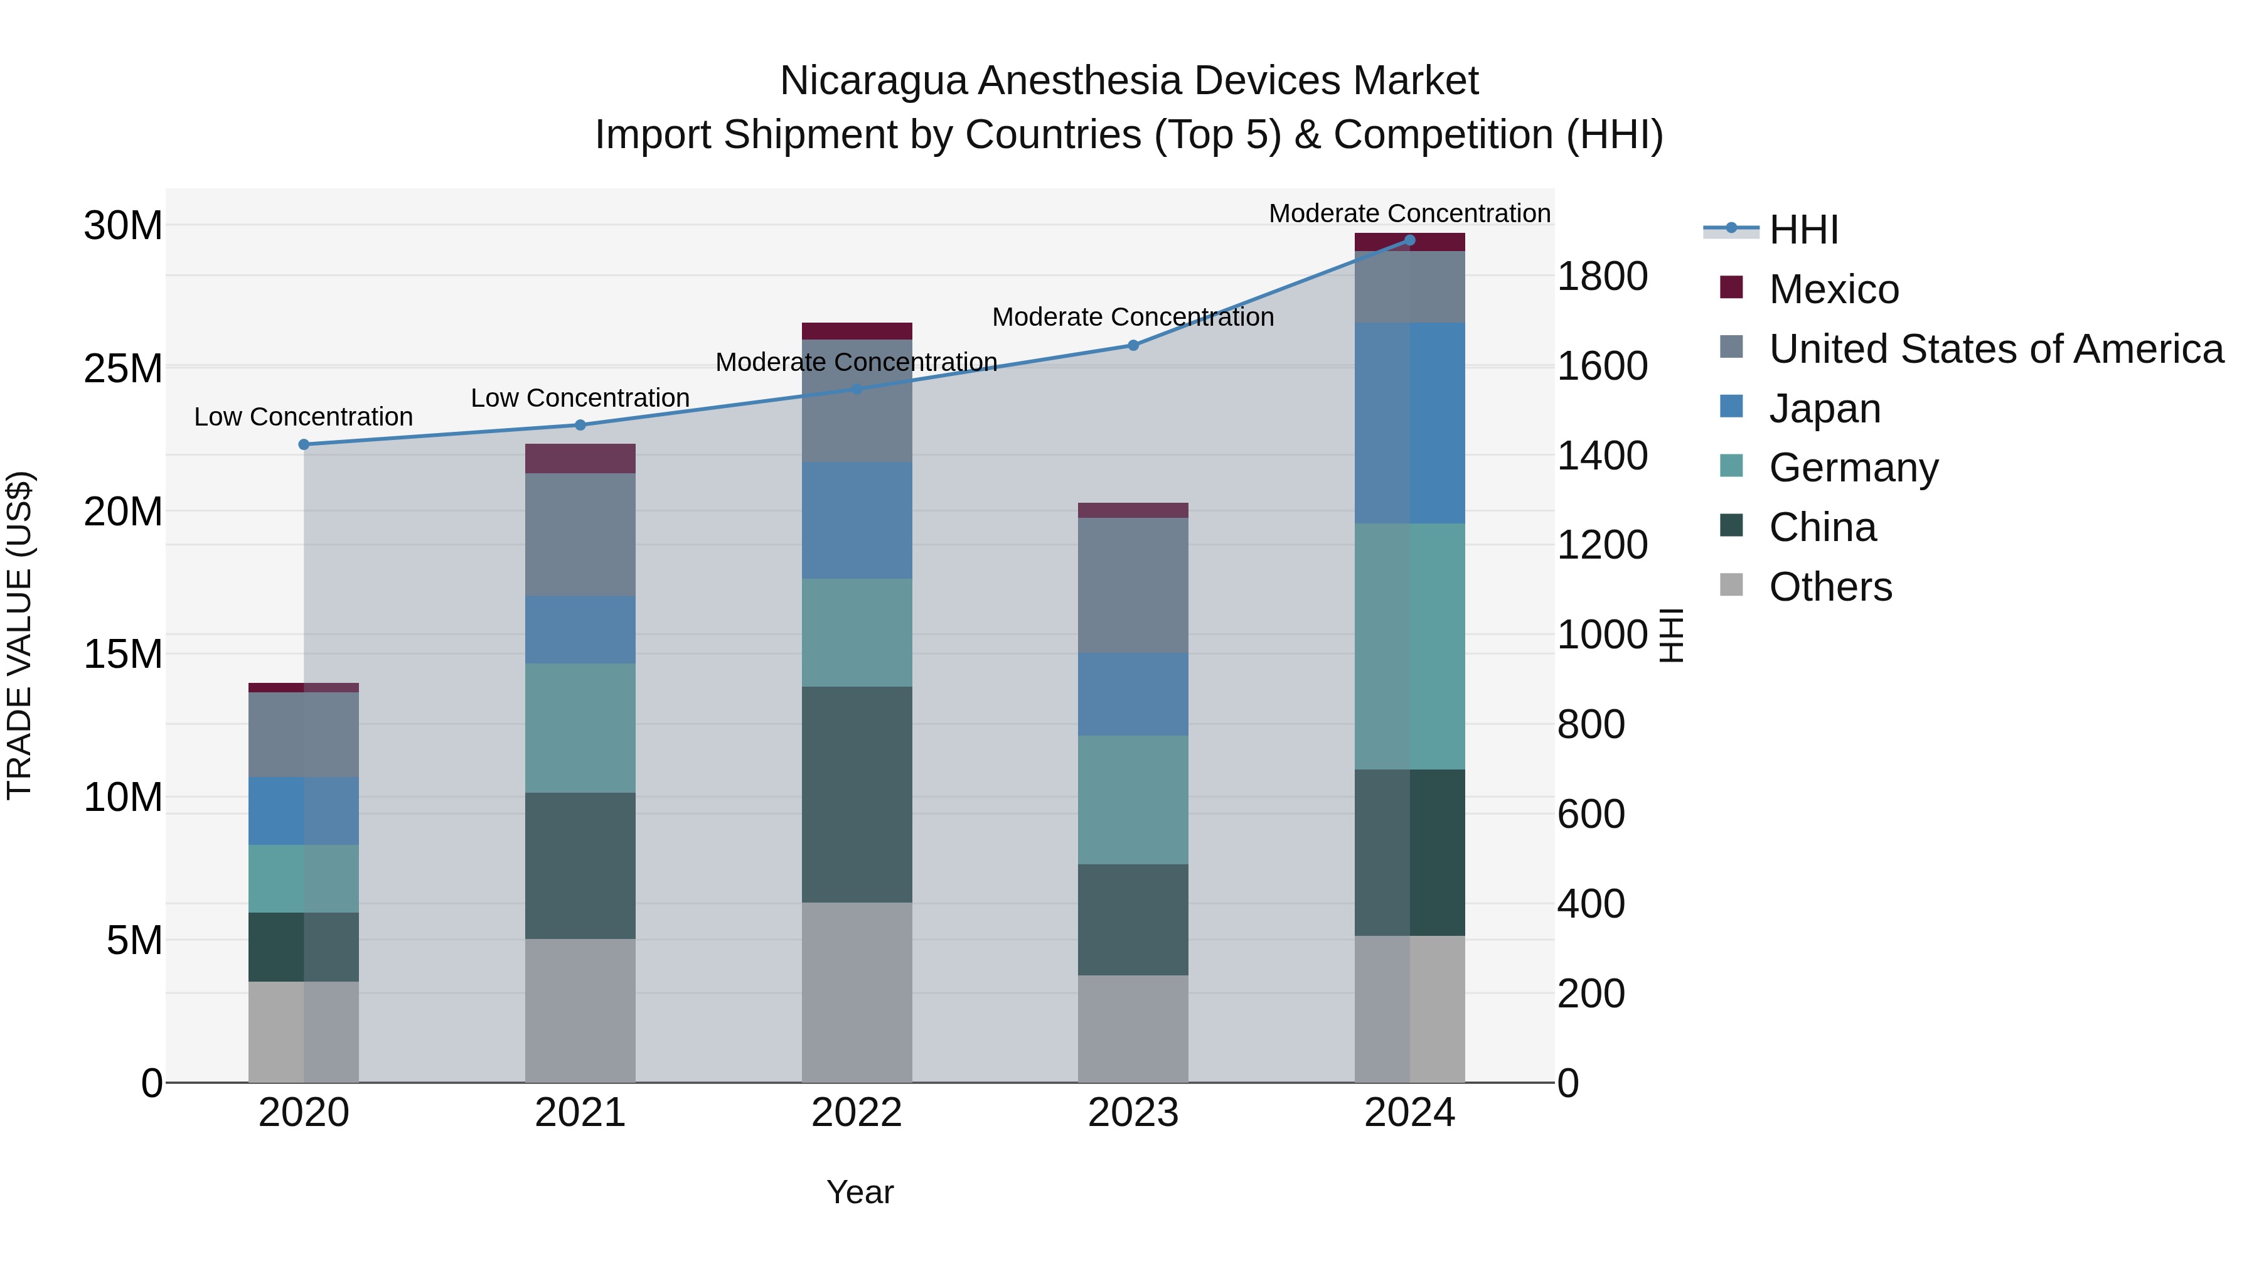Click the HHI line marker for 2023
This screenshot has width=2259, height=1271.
[1133, 346]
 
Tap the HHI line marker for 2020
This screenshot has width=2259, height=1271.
[304, 445]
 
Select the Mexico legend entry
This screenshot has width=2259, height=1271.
[1833, 289]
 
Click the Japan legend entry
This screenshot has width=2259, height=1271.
[1824, 409]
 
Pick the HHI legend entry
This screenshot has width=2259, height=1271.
[1802, 230]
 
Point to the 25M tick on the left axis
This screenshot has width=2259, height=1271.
[123, 368]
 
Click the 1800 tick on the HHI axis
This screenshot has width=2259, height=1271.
[1602, 277]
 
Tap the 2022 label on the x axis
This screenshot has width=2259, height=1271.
[857, 1113]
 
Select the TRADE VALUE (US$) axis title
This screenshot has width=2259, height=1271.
[19, 635]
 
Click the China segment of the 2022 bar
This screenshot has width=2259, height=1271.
[857, 794]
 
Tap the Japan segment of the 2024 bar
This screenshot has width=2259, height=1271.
[1409, 423]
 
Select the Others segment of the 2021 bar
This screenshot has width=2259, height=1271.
[580, 1011]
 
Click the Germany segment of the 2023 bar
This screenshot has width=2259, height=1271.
[1133, 800]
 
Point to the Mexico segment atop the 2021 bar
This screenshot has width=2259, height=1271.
[580, 459]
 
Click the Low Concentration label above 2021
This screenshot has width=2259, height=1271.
[580, 398]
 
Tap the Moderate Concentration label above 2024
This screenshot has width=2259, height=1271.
[1409, 213]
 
